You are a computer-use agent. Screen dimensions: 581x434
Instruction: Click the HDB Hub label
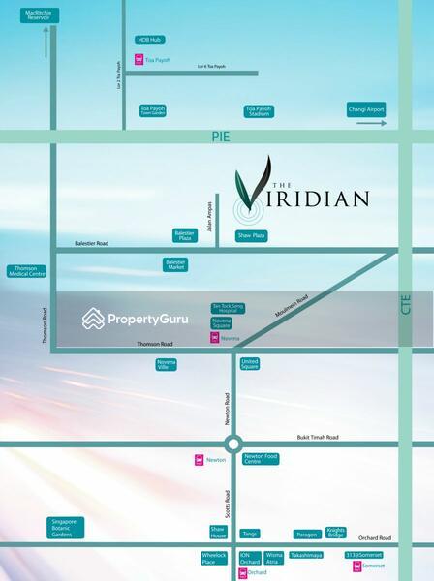149,40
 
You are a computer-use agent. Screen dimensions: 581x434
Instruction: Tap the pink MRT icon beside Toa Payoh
139,60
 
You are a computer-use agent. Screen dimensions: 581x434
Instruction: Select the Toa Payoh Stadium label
259,111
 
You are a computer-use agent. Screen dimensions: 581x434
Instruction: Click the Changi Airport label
366,110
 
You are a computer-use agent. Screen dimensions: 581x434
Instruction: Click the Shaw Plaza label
251,235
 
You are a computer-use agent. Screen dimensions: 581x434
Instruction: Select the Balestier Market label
176,264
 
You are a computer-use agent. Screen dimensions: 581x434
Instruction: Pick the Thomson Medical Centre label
26,273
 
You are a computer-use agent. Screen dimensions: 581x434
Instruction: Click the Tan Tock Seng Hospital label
222,307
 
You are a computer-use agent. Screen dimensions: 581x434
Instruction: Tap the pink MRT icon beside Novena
215,338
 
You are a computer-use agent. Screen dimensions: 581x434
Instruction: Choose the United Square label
250,364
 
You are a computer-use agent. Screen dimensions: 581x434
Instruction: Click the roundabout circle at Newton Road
233,444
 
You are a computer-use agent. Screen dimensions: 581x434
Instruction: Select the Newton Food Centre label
261,459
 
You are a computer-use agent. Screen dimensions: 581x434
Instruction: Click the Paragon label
307,534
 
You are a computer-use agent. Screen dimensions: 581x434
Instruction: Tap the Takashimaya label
305,556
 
